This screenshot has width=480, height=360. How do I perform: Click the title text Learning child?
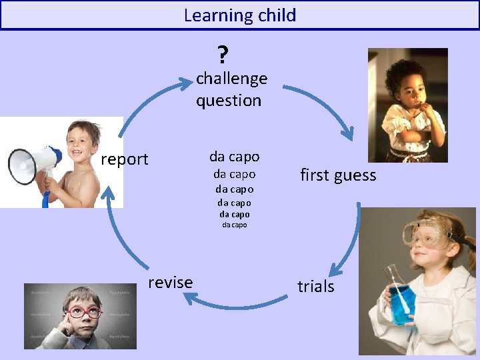point(240,15)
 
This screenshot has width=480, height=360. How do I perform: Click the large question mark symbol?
point(223,54)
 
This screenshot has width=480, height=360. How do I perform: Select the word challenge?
point(231,78)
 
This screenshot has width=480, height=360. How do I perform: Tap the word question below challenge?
point(228,101)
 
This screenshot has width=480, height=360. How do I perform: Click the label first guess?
point(338,175)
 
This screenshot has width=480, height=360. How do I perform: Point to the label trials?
point(315,287)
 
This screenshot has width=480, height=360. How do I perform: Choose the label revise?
point(171,283)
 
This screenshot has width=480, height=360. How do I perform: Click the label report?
point(124,159)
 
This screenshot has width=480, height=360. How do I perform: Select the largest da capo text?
point(234,157)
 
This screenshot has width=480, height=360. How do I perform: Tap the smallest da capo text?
point(234,225)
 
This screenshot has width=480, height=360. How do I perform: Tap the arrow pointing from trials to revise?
point(233,305)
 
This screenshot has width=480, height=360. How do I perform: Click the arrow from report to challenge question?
point(147,100)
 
